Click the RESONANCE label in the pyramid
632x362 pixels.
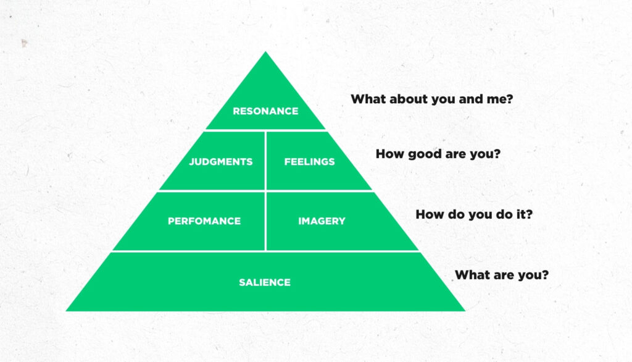[265, 111]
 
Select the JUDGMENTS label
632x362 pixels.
[221, 162]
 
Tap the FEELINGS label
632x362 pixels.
[310, 162]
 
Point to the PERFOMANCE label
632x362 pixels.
[204, 221]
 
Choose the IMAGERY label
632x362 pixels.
[322, 221]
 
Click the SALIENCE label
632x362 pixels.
[265, 282]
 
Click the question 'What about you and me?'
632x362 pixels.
[431, 99]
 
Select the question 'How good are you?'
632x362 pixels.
[438, 154]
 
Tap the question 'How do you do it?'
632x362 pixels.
[474, 214]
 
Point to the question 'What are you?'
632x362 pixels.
[502, 275]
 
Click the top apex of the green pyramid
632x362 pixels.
[265, 52]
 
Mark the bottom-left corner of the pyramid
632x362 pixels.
[67, 310]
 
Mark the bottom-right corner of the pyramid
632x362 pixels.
[465, 310]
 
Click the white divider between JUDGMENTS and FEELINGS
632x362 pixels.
[265, 161]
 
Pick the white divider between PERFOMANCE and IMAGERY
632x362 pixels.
[265, 221]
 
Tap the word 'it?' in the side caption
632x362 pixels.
[525, 214]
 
